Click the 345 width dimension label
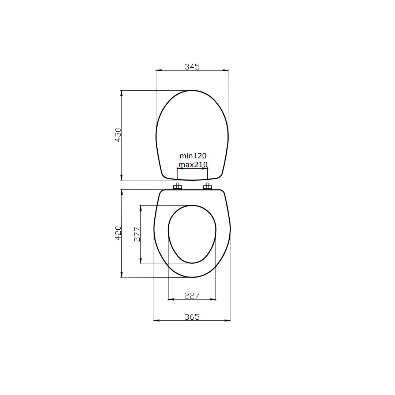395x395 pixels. coord(192,67)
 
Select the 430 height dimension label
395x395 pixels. coord(118,135)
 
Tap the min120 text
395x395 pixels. coord(193,156)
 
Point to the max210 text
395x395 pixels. coord(193,165)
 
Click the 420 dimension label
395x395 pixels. coord(118,233)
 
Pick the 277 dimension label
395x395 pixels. coord(137,234)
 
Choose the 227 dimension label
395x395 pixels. coord(192,296)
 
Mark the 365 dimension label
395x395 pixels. coord(192,317)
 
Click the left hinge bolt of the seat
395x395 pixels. coord(177,187)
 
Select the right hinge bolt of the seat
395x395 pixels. coord(207,187)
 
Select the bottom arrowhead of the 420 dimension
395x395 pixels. coord(121,275)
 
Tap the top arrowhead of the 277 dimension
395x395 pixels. coord(140,208)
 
